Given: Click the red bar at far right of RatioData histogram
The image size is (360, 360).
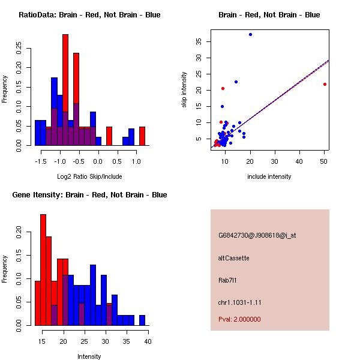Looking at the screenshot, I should [x=142, y=136].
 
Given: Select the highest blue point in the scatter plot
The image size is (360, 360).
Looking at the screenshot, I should [x=250, y=34].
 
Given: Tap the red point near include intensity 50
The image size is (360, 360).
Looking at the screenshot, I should [x=325, y=84].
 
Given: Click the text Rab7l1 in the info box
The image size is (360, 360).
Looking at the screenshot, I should [x=228, y=280].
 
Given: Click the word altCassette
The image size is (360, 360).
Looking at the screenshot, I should [x=233, y=258].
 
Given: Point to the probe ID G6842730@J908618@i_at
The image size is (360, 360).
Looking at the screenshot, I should [x=257, y=235].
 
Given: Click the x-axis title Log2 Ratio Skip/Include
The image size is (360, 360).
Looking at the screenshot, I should [x=89, y=176].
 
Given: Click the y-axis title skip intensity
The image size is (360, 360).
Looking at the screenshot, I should [x=184, y=90].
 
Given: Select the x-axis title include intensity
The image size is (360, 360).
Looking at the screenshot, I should [x=269, y=176].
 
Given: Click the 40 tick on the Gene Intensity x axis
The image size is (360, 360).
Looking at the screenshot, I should [x=148, y=341].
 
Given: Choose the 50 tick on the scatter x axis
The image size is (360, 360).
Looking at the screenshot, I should [x=324, y=161].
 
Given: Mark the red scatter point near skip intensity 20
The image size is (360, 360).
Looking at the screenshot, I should [x=223, y=88].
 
